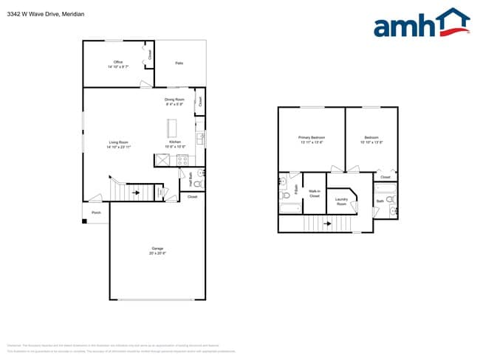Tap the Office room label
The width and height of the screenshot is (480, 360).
[x=117, y=62]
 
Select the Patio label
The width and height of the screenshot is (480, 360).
[x=179, y=63]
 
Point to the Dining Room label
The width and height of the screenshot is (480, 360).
[x=174, y=99]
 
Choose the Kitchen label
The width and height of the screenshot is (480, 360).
[x=175, y=142]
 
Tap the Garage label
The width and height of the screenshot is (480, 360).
[x=157, y=248]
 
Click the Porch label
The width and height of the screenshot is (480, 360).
[x=96, y=212]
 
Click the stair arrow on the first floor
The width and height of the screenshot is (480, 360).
[x=137, y=193]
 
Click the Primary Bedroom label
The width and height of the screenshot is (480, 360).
[x=312, y=137]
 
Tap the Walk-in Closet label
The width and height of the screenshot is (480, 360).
[x=314, y=194]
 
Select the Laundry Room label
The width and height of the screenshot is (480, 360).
[x=341, y=201]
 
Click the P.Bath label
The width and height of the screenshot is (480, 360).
[x=296, y=190]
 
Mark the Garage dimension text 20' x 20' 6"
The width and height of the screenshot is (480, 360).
[x=157, y=253]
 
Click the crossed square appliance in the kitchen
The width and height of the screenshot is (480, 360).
[x=162, y=160]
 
